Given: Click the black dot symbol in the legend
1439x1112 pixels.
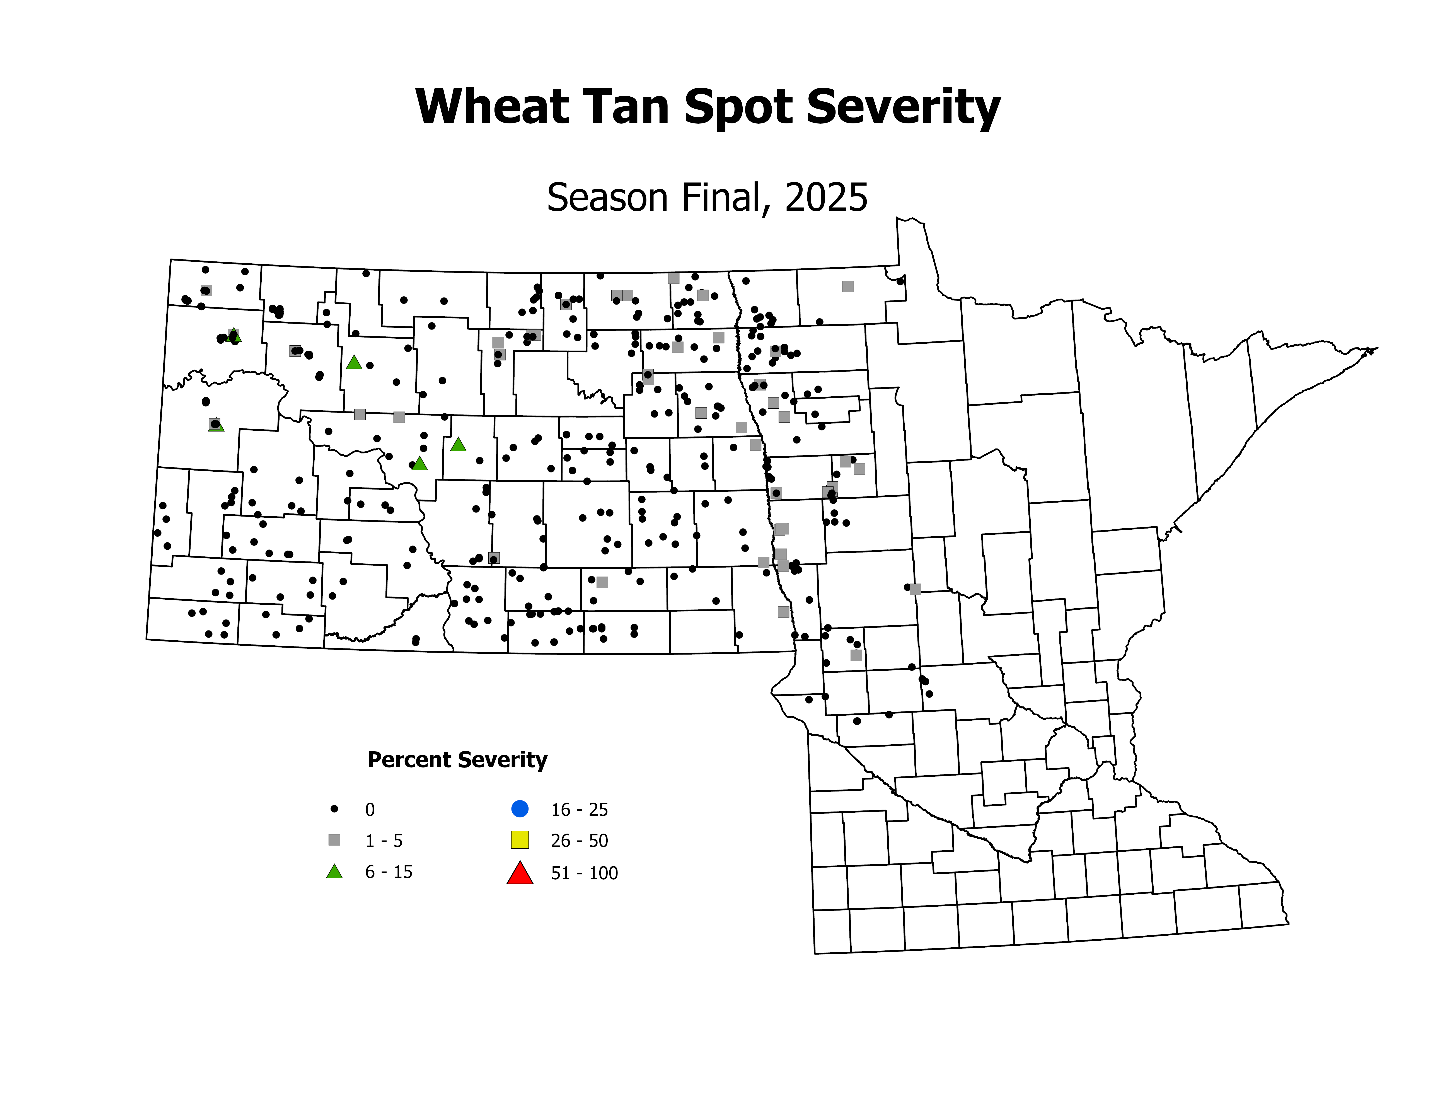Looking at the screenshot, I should click(335, 808).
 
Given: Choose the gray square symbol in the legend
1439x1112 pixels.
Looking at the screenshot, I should click(335, 840).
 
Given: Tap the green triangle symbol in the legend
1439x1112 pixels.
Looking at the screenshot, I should click(335, 872).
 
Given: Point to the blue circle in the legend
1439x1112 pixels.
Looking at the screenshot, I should click(520, 808).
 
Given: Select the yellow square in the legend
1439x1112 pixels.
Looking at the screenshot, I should click(520, 840).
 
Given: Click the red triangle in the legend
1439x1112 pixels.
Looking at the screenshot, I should click(520, 873).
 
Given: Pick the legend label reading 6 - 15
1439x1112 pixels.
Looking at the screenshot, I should click(389, 872).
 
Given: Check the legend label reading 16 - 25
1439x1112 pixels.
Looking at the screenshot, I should click(579, 810).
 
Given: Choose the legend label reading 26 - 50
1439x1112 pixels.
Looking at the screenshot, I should click(579, 841).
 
